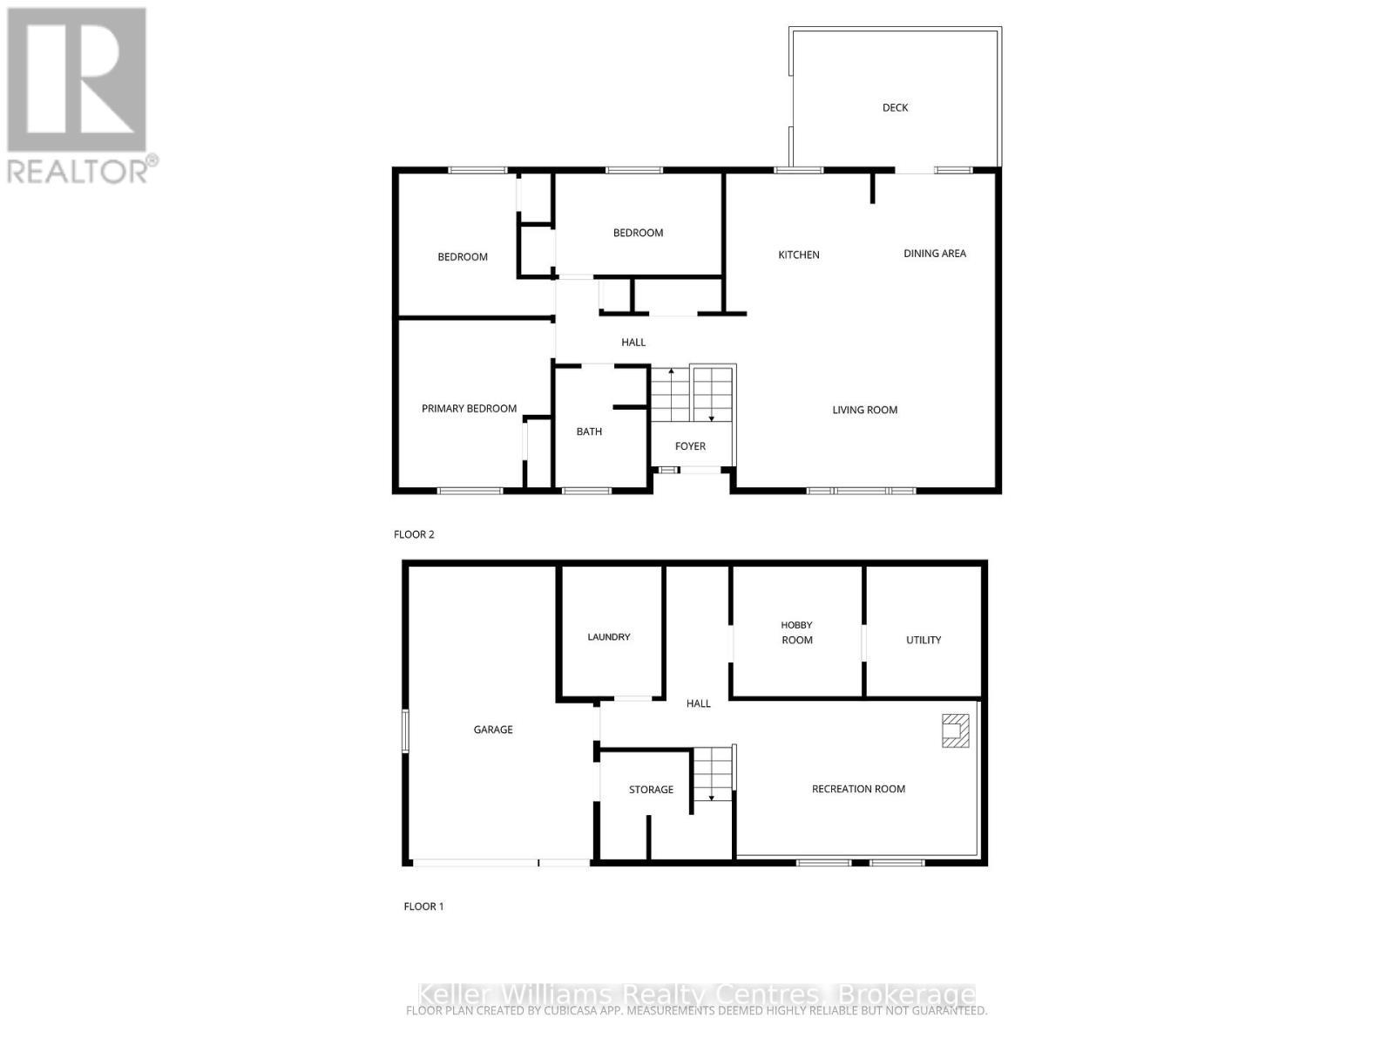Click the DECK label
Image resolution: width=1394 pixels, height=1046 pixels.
click(895, 108)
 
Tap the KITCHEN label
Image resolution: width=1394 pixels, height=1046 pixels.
click(798, 255)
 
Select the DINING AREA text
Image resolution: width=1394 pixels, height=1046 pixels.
click(934, 254)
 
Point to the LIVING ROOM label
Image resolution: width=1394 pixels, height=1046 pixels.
click(864, 410)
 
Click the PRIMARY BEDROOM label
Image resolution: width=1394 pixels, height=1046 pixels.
click(469, 409)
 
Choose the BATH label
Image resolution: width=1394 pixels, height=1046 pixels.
click(589, 431)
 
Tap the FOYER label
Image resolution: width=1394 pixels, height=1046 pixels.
click(690, 446)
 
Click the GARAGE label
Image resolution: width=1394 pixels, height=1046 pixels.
click(493, 730)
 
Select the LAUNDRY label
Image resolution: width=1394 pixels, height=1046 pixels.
click(608, 637)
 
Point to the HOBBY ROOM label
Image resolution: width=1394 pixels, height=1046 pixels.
click(796, 633)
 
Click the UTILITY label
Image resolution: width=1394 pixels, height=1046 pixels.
click(924, 640)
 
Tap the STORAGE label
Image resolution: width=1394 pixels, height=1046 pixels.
click(651, 790)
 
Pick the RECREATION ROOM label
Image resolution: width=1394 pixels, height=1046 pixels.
click(858, 789)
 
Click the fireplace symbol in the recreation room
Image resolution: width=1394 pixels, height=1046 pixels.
click(955, 730)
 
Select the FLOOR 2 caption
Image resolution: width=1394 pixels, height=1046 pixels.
click(414, 534)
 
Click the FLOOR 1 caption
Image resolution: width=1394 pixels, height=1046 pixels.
click(423, 907)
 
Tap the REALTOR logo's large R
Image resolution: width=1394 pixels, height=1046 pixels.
click(77, 80)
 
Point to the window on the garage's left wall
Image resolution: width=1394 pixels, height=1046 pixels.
click(405, 730)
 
